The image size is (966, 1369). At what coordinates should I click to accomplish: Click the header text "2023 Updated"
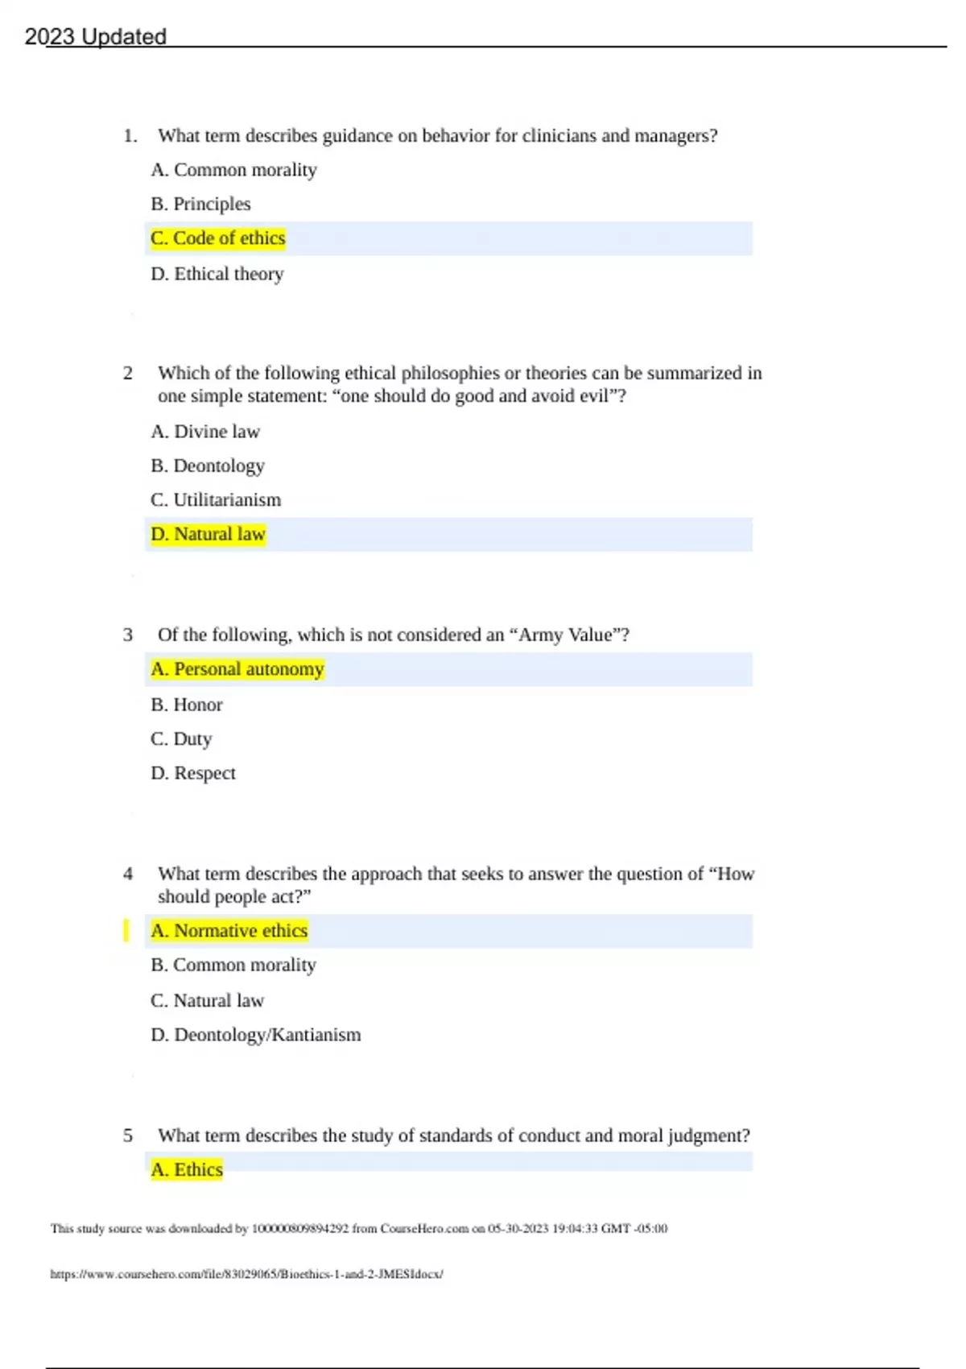point(95,37)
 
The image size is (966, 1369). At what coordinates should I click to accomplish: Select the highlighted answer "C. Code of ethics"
point(217,238)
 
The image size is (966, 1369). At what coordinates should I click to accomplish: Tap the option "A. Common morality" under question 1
point(233,170)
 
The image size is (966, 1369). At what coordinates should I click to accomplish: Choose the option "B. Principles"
point(200,204)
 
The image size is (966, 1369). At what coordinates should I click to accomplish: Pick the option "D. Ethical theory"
point(217,274)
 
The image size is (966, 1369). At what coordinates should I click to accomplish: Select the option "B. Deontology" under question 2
point(207,465)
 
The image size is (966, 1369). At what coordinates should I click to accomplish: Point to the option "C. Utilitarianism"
point(216,500)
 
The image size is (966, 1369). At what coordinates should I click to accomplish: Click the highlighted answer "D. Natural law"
point(208,534)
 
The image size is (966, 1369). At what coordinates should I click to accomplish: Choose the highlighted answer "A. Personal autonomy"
point(237,669)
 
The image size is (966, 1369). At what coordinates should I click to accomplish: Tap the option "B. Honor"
point(186,705)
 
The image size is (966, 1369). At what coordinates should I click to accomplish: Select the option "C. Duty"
point(180,738)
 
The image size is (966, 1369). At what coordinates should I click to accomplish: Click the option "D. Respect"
point(192,773)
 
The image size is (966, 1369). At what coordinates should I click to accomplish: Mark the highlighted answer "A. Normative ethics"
point(229,931)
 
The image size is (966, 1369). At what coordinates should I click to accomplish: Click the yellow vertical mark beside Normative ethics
point(126,930)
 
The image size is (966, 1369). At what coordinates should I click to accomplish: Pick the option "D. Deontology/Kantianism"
point(255,1035)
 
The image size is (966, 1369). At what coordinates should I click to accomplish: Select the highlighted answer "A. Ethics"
point(186,1169)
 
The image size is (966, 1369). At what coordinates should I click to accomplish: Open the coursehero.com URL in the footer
point(246,1274)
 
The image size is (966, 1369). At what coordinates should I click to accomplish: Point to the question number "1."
point(130,135)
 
